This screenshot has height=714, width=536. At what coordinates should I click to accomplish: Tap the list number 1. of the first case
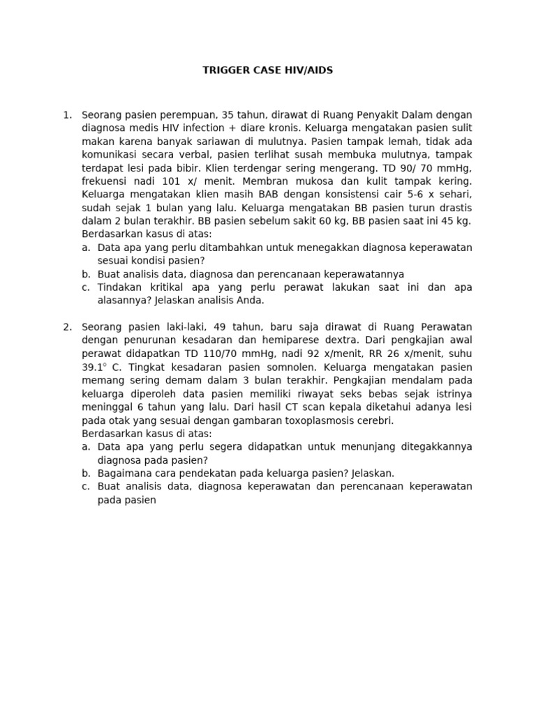tap(68, 114)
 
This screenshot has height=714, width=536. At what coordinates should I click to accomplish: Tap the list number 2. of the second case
tap(68, 326)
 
